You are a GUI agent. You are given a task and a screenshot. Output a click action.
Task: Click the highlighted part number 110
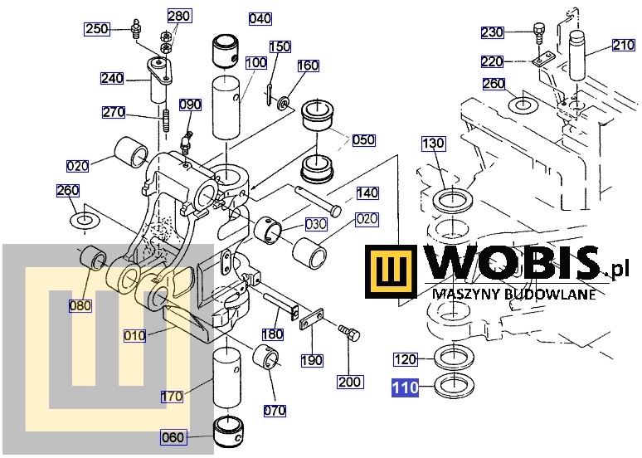(x=406, y=387)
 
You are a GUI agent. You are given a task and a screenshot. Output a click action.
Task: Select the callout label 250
(x=98, y=30)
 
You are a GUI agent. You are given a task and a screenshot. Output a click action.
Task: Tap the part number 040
(x=260, y=18)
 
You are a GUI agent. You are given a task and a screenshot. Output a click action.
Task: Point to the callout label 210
(x=623, y=46)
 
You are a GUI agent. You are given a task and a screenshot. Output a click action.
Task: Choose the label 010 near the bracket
(x=134, y=336)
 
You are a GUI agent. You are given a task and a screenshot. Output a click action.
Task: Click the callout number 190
(x=312, y=361)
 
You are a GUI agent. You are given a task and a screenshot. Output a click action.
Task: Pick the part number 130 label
(x=434, y=144)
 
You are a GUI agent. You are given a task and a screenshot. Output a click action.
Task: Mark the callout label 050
(x=363, y=140)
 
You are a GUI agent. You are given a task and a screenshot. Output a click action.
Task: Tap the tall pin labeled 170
(x=227, y=378)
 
